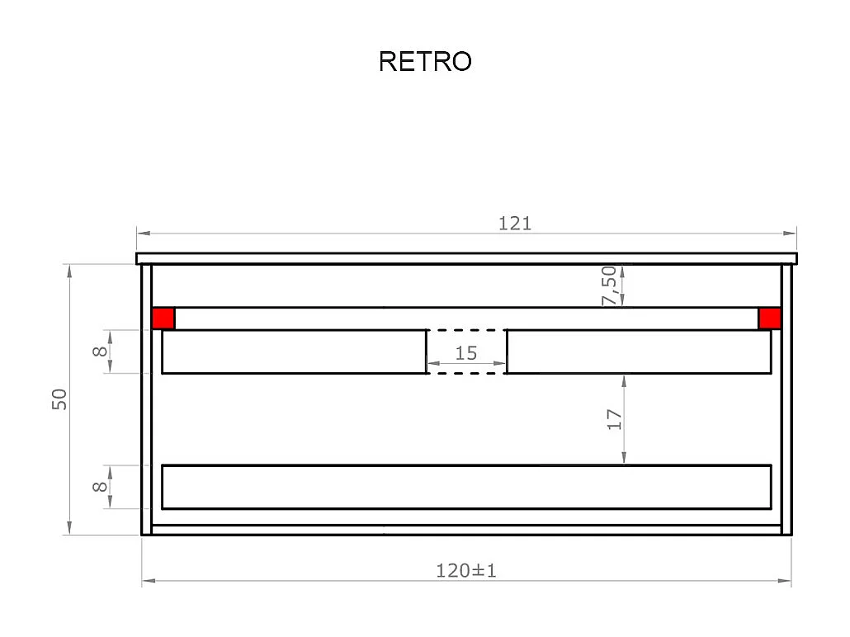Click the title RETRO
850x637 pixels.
click(x=425, y=62)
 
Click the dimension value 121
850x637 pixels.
click(x=515, y=223)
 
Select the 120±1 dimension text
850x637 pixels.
click(x=466, y=570)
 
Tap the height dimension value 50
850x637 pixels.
click(x=60, y=399)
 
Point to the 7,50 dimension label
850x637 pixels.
click(x=610, y=286)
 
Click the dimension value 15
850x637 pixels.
click(x=466, y=353)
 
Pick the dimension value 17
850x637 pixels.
click(x=613, y=419)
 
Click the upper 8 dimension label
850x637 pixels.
click(x=100, y=352)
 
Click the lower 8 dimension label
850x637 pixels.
click(x=100, y=487)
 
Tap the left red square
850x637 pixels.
click(x=163, y=318)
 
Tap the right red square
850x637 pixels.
click(x=769, y=318)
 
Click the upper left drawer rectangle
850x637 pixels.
click(x=294, y=352)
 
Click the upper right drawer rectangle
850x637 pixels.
click(x=639, y=352)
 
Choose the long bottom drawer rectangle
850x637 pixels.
click(x=466, y=487)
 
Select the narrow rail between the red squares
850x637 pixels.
click(x=466, y=318)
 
